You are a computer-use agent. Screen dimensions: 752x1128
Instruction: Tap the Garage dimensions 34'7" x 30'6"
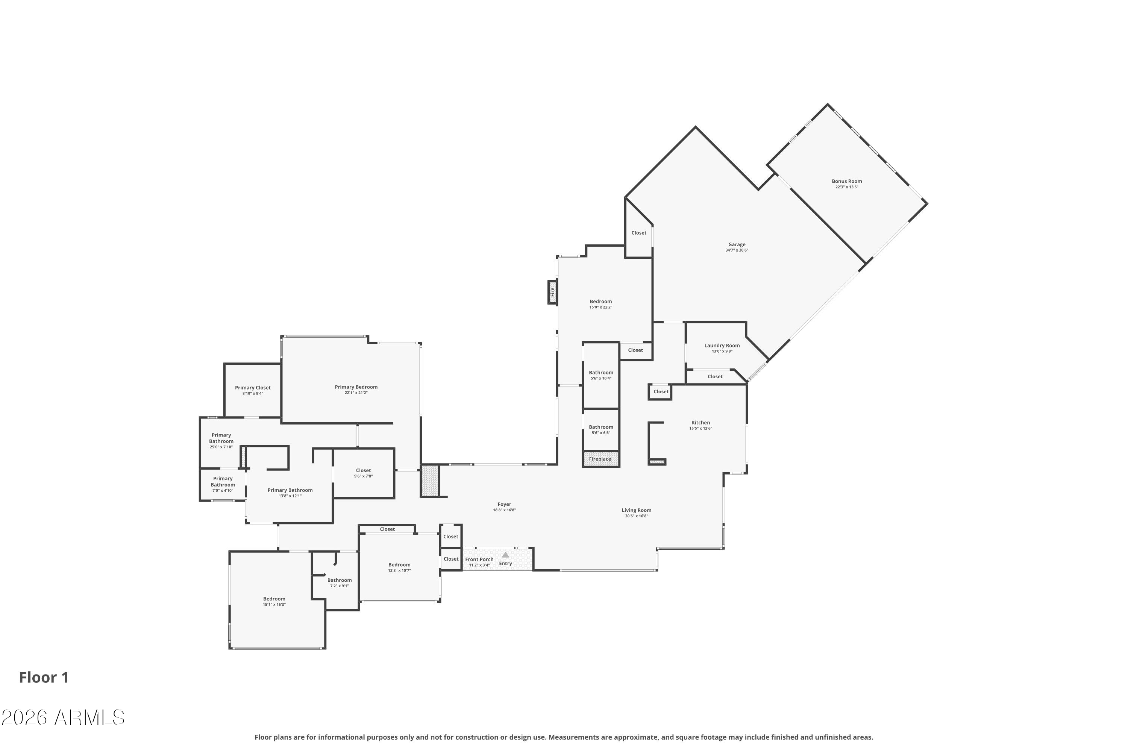point(737,250)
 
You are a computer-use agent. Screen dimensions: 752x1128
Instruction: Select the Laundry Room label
point(722,345)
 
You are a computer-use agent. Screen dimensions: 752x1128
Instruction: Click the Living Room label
point(637,510)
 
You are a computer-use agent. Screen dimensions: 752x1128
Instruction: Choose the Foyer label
point(504,504)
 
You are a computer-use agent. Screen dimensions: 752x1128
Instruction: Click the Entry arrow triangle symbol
point(505,555)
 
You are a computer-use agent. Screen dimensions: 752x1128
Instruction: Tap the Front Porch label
point(479,559)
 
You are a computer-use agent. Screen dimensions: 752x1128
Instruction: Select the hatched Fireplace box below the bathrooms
point(600,459)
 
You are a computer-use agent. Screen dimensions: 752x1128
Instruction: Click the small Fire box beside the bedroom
point(552,292)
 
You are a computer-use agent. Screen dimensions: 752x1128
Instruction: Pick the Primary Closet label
point(253,388)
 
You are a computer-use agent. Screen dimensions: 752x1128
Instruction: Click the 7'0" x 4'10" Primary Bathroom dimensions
point(223,490)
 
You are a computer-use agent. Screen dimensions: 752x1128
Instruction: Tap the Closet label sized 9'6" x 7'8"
point(363,470)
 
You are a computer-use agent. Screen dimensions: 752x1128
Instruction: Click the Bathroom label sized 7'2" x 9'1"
point(339,580)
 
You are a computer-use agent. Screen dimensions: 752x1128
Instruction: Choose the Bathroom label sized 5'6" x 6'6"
point(600,427)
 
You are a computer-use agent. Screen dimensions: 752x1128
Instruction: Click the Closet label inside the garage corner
point(638,233)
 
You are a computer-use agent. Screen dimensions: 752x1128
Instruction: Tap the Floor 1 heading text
point(44,677)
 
